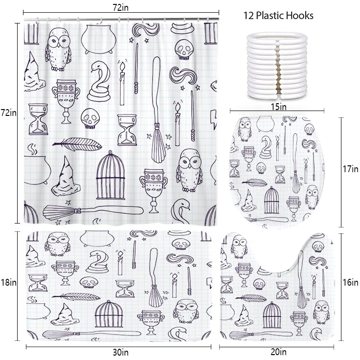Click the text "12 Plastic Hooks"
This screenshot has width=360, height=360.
click(278, 16)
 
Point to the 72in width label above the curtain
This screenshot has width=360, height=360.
click(120, 7)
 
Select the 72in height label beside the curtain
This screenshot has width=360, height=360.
click(9, 112)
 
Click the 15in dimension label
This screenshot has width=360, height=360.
click(278, 107)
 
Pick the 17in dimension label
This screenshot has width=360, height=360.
click(350, 169)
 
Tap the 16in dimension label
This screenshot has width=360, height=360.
click(350, 282)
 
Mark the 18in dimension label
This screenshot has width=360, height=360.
click(8, 282)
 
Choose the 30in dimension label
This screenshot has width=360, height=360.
click(120, 352)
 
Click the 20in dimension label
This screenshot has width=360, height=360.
click(278, 352)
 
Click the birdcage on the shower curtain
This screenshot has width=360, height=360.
click(111, 175)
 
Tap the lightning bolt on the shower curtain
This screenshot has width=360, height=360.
click(214, 119)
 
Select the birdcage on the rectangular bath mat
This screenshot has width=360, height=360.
click(109, 314)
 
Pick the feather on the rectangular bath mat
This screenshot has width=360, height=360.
click(76, 296)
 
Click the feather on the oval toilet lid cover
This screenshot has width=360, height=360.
click(254, 182)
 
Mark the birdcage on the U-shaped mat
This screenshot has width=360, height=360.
click(272, 315)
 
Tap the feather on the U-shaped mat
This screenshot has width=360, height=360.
click(251, 298)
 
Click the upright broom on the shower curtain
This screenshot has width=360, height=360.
click(157, 110)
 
